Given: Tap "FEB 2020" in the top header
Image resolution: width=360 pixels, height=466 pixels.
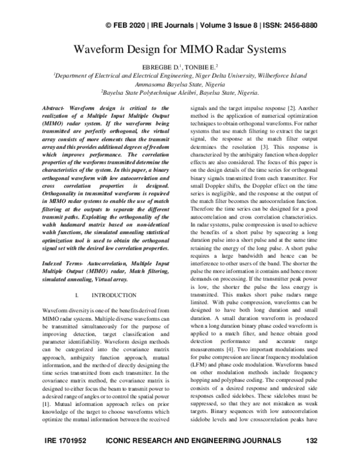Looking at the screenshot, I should (130, 25).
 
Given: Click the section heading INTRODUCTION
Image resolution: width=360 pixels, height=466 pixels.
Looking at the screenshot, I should (114, 296).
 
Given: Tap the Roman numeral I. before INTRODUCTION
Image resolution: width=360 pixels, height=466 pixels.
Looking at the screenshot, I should (79, 296).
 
